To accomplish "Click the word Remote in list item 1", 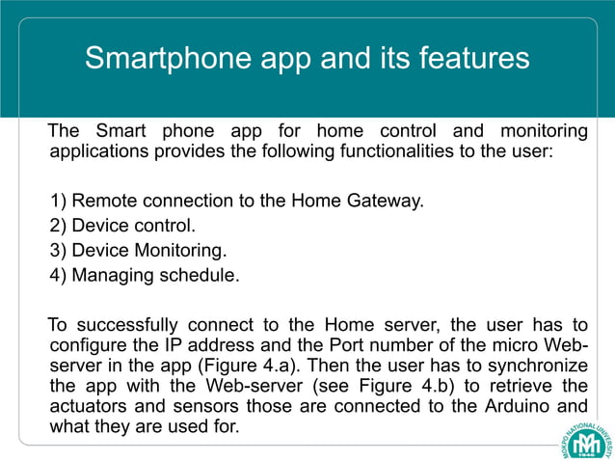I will click(x=105, y=202).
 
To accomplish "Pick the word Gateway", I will click(x=386, y=202).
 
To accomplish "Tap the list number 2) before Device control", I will click(x=60, y=227).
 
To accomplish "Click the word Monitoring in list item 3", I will click(x=178, y=251).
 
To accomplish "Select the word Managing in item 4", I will click(x=109, y=276).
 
